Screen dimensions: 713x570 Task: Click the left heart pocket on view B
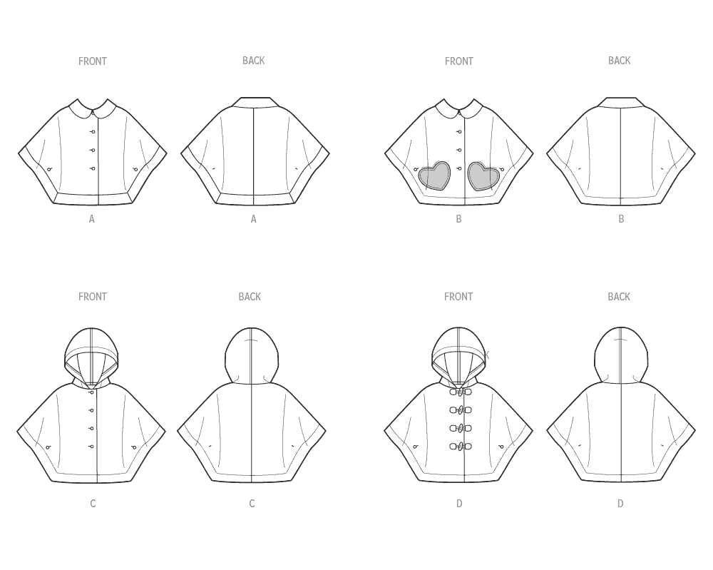(x=434, y=175)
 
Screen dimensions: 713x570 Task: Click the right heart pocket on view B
(x=484, y=175)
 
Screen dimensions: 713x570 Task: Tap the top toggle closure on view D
(x=460, y=392)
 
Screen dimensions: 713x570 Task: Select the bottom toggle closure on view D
(x=460, y=447)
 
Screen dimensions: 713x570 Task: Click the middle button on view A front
(x=93, y=150)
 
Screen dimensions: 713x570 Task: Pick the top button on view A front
(x=93, y=132)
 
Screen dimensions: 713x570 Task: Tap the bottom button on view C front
(x=92, y=447)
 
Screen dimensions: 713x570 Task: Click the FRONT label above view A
(x=92, y=61)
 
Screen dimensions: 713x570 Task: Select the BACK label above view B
(x=619, y=61)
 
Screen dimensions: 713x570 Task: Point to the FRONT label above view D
(x=458, y=297)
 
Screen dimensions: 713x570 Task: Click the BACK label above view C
(x=250, y=297)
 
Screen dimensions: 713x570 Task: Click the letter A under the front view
(x=91, y=219)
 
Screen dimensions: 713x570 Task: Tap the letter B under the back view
(x=621, y=219)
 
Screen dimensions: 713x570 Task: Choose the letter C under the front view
(x=93, y=504)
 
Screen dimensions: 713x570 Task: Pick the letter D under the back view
(x=620, y=504)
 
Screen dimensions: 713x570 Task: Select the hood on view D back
(x=621, y=355)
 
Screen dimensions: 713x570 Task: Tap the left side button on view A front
(x=49, y=169)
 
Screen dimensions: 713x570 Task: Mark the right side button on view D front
(x=501, y=447)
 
